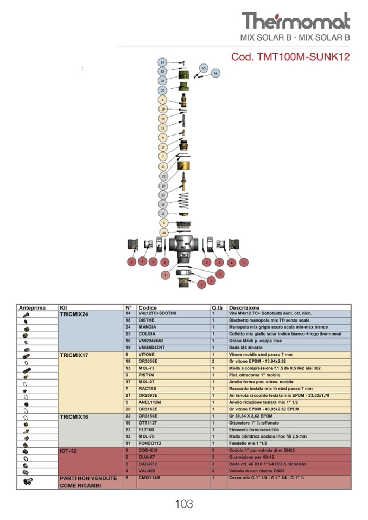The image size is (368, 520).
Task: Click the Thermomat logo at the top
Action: point(296,21)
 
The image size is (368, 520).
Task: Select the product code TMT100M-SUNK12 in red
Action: point(290,56)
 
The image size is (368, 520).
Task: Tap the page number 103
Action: point(184,504)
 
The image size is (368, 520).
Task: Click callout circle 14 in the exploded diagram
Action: point(162,62)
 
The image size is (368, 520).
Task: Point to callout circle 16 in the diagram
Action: point(215,73)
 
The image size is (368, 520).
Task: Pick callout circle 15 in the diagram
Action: point(203,68)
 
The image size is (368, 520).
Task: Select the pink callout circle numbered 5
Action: point(165,275)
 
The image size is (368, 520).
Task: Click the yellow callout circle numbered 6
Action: point(162,223)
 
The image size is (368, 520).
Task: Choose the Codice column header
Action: point(148,307)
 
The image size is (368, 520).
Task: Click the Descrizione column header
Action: point(244,307)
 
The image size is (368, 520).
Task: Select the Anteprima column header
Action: point(32,307)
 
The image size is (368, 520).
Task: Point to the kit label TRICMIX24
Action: point(74,314)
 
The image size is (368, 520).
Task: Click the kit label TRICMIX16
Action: point(74,416)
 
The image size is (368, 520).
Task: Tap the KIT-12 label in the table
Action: point(68,451)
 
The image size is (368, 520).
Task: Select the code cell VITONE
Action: point(147,355)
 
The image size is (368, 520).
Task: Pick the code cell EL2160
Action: point(147,429)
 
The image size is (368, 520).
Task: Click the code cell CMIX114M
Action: point(149,478)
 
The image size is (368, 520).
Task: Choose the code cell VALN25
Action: point(147,471)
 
